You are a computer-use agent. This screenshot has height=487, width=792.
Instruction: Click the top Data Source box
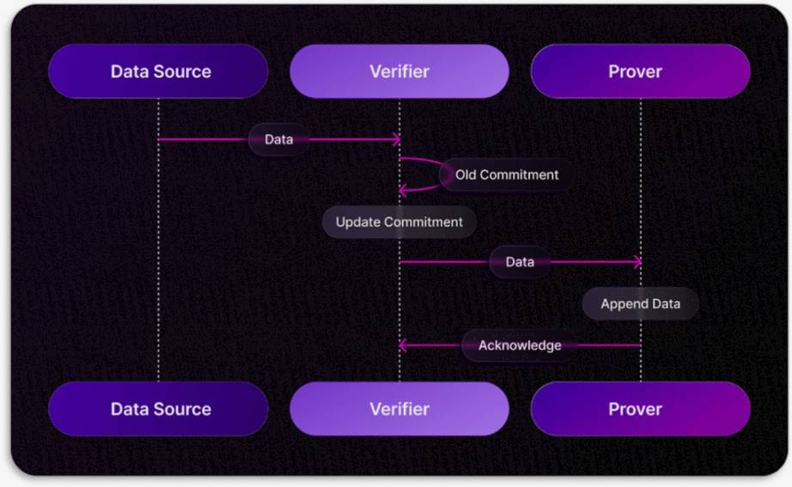pos(159,71)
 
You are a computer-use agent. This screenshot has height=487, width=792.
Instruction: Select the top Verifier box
pos(399,71)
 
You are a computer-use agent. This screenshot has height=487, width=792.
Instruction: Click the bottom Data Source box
pos(159,409)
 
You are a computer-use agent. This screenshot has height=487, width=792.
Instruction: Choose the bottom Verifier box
pos(399,409)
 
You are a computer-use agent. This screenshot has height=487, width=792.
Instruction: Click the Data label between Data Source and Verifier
pos(278,139)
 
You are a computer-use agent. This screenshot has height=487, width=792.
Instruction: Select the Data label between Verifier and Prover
pos(520,262)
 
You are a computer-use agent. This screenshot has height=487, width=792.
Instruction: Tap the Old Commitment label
pos(506,175)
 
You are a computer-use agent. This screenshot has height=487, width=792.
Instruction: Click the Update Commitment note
pos(399,222)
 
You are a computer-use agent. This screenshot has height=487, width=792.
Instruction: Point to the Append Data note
pos(640,304)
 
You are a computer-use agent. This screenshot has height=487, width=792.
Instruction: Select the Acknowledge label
pos(520,345)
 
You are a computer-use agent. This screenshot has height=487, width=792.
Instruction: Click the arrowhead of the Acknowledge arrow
pos(403,345)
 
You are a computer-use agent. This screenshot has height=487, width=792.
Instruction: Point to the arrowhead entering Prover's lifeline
pos(637,262)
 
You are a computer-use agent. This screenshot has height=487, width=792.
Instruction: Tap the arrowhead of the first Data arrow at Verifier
pos(396,139)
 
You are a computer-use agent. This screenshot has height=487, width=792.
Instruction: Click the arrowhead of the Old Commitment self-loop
pos(403,191)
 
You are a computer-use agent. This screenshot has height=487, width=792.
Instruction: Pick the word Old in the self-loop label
pos(466,175)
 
